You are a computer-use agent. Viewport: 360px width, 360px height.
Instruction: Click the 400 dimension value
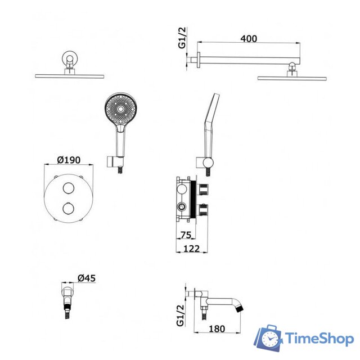[249, 39]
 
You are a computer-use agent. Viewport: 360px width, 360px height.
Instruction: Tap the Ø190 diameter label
[69, 160]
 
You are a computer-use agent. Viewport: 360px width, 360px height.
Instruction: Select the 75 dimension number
[186, 235]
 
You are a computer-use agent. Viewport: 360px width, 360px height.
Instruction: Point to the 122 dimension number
[192, 249]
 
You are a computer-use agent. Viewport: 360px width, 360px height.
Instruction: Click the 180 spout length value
[217, 328]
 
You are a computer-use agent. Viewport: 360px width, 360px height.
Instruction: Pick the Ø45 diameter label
[87, 278]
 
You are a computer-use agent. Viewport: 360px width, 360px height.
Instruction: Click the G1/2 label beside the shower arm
[182, 38]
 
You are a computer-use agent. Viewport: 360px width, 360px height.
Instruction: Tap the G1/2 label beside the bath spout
[181, 315]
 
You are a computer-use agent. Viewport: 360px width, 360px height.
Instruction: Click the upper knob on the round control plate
[69, 188]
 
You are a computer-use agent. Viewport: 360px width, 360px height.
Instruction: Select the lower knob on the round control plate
[69, 208]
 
